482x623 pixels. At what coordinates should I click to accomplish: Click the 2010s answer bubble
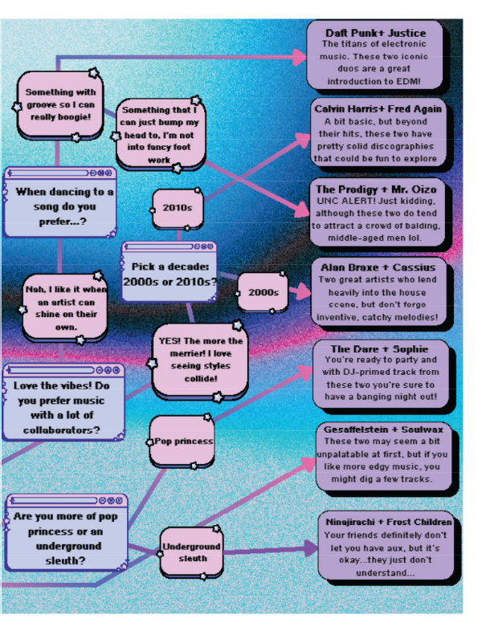click(x=178, y=209)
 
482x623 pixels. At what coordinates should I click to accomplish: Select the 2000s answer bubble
click(x=263, y=292)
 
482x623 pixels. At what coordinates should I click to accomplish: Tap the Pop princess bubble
click(x=182, y=442)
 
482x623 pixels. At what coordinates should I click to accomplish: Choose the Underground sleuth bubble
click(x=192, y=552)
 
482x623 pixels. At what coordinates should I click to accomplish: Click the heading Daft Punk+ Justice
click(x=375, y=33)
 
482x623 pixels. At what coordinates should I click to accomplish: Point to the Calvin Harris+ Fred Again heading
click(x=378, y=109)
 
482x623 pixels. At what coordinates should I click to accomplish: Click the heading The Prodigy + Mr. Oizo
click(x=376, y=189)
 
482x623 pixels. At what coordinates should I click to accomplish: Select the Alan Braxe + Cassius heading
click(x=378, y=267)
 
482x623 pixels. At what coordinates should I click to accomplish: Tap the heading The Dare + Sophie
click(x=379, y=349)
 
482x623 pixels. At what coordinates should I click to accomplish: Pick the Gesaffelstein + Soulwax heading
click(x=383, y=430)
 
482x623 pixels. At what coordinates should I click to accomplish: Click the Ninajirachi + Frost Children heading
click(x=389, y=522)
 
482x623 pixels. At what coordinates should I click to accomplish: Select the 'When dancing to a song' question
click(x=60, y=202)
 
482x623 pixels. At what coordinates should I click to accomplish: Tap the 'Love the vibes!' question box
click(x=63, y=402)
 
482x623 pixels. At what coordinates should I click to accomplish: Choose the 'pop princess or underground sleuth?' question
click(x=67, y=533)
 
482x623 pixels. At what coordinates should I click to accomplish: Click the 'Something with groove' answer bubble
click(x=59, y=105)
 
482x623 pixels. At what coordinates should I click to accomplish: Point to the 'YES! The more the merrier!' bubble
click(x=200, y=360)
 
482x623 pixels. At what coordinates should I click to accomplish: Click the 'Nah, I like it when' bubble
click(x=65, y=308)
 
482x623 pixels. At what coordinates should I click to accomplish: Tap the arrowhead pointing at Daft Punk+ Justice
click(x=299, y=57)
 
